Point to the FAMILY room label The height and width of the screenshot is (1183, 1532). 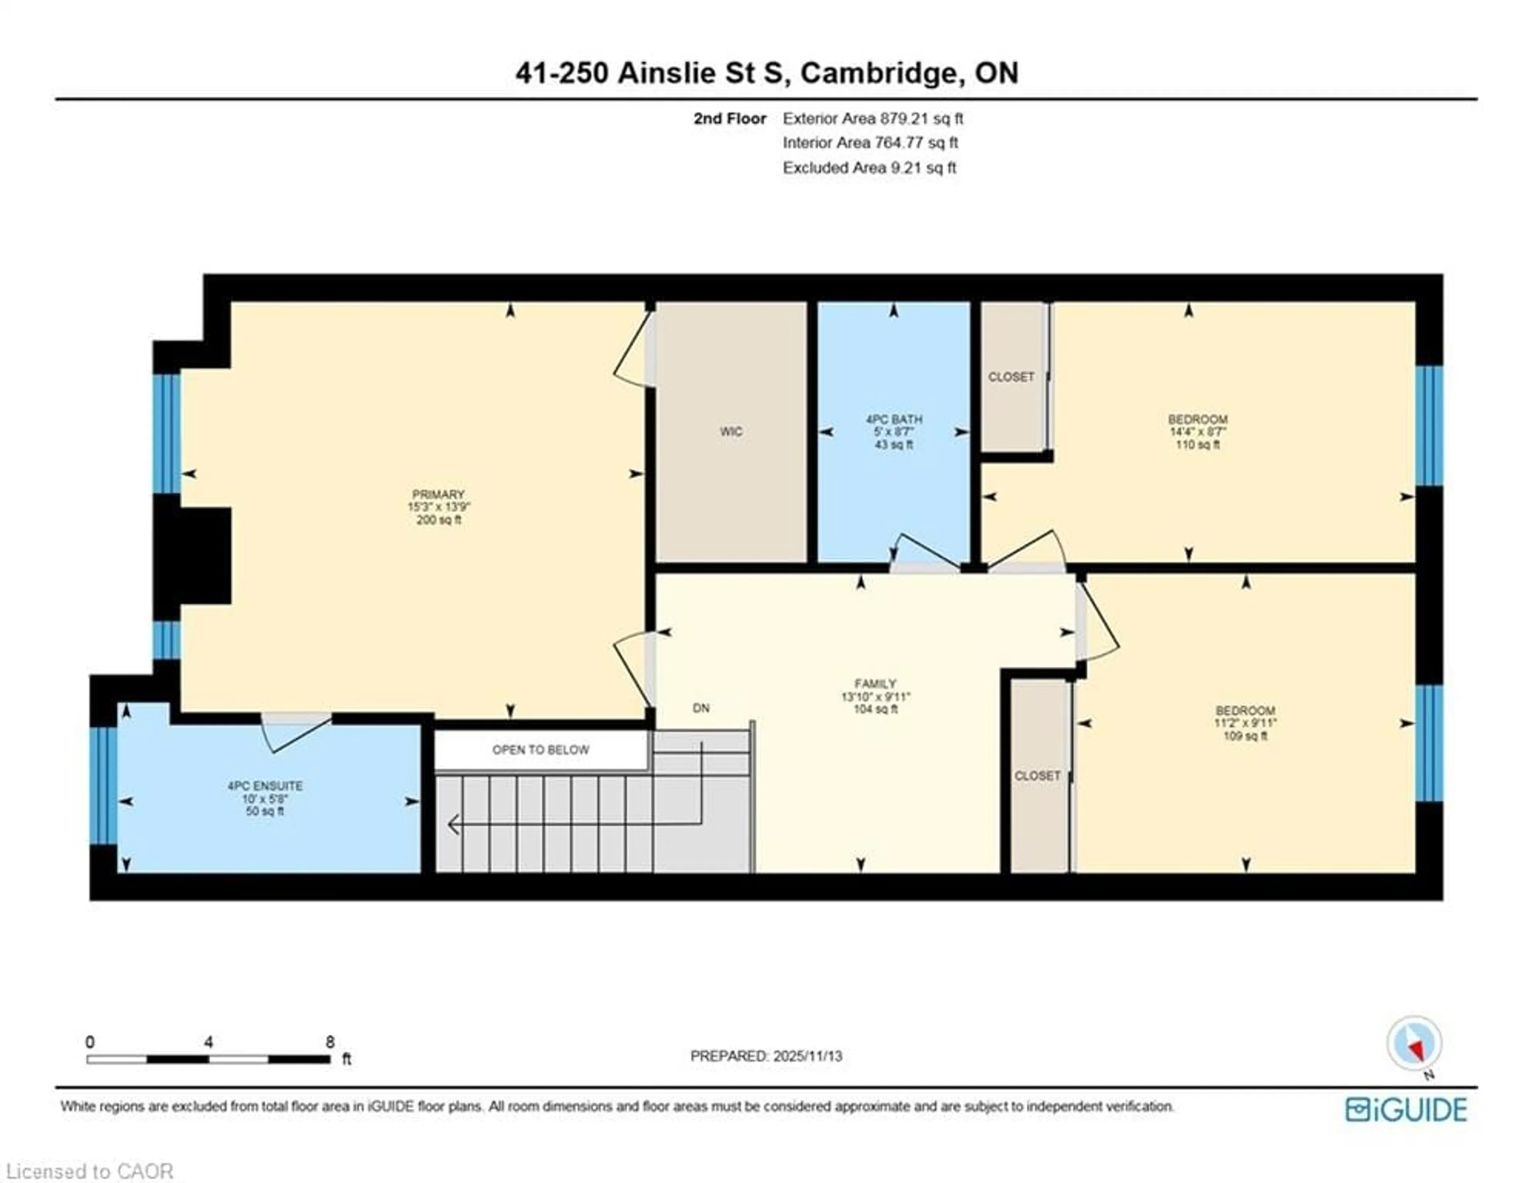pos(875,683)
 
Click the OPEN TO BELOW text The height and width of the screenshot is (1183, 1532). pos(540,750)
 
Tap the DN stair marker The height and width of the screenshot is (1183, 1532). pos(701,708)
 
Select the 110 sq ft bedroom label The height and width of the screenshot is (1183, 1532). pos(1197,431)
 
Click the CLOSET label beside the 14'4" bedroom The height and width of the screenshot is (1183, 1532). pos(1011,377)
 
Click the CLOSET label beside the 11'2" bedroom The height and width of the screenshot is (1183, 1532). pos(1037,775)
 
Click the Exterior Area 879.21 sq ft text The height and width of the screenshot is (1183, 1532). pos(873,119)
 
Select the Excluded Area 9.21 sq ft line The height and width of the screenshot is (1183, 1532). pos(869,168)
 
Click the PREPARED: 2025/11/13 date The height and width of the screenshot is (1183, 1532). pos(766,1056)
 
